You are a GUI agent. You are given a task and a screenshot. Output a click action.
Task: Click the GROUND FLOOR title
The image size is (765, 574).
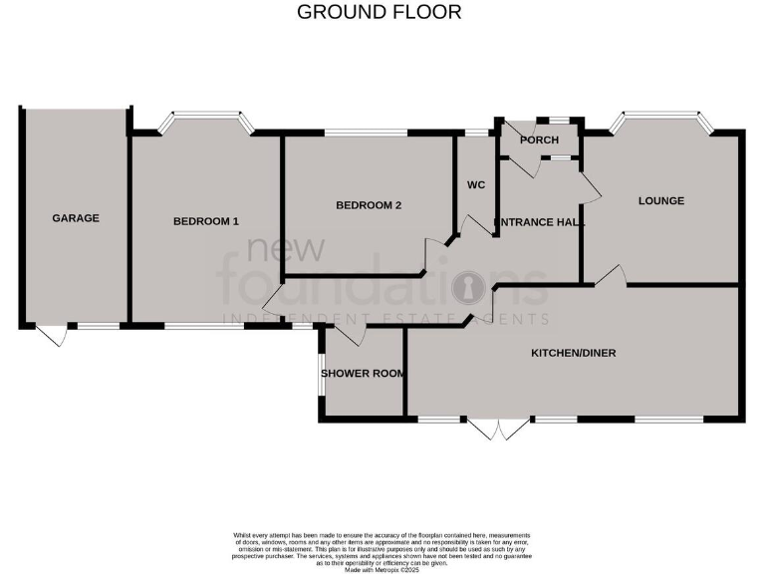pyautogui.click(x=380, y=13)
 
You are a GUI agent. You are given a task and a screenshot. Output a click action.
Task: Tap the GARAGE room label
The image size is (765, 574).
pyautogui.click(x=76, y=218)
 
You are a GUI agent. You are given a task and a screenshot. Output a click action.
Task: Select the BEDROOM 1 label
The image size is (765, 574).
pyautogui.click(x=205, y=221)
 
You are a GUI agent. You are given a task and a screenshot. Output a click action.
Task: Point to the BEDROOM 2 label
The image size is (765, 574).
pyautogui.click(x=368, y=205)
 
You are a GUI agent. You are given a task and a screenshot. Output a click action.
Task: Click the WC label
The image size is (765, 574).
pyautogui.click(x=475, y=185)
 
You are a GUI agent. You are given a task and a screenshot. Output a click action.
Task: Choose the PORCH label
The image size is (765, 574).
pyautogui.click(x=539, y=141)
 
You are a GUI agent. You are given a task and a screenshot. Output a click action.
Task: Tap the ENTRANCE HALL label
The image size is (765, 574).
pyautogui.click(x=539, y=222)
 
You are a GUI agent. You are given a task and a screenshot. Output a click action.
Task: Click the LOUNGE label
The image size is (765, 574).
pyautogui.click(x=661, y=201)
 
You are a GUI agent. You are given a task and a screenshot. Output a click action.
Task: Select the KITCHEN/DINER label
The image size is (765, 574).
pyautogui.click(x=573, y=353)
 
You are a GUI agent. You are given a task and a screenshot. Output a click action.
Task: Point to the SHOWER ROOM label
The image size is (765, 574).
pyautogui.click(x=363, y=374)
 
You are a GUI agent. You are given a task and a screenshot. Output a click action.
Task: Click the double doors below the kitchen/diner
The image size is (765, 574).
pyautogui.click(x=497, y=428)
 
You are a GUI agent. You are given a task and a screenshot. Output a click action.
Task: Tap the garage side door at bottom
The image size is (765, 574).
pyautogui.click(x=51, y=335)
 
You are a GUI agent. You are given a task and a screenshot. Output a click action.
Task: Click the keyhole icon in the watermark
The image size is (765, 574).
pyautogui.click(x=464, y=289)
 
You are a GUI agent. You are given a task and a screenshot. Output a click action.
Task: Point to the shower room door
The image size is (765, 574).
pyautogui.click(x=348, y=335)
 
